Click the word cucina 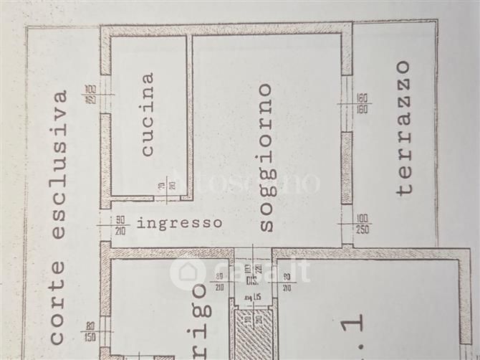click(x=148, y=114)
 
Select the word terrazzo click(x=405, y=128)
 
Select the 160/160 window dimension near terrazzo click(x=361, y=105)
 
